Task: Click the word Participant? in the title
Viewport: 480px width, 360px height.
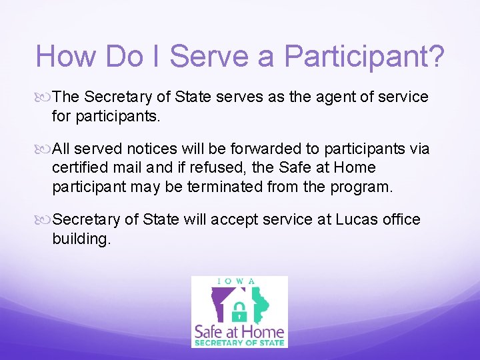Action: (364, 57)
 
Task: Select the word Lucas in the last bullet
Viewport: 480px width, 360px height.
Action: (342, 220)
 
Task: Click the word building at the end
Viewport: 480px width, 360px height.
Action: (80, 238)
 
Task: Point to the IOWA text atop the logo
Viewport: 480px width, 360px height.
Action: (239, 281)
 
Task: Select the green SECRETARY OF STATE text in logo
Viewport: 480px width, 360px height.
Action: (239, 343)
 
